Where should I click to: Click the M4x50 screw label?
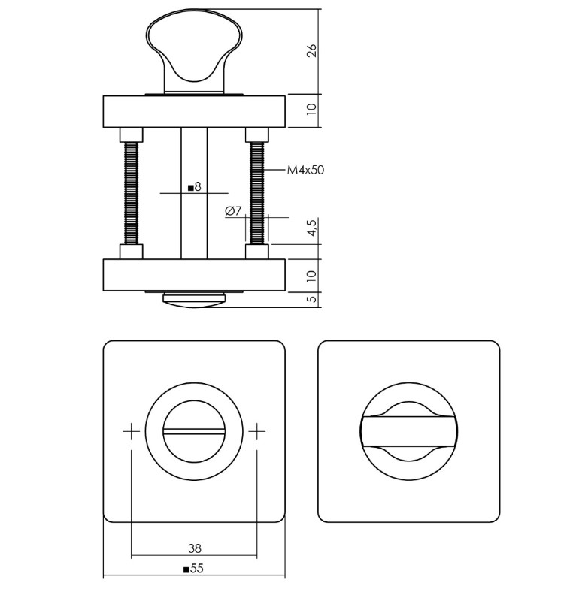(x=305, y=171)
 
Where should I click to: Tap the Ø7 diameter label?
(x=232, y=211)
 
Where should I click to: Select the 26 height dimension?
(x=312, y=51)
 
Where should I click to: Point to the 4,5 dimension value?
(x=312, y=228)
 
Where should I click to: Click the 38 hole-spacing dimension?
(x=195, y=549)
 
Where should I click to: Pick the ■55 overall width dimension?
(x=194, y=569)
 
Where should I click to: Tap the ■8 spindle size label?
(x=194, y=186)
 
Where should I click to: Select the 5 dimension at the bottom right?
(x=312, y=299)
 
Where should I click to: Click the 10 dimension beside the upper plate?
(x=312, y=110)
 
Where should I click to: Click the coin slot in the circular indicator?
(x=194, y=432)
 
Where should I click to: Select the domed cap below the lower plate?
(x=194, y=301)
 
